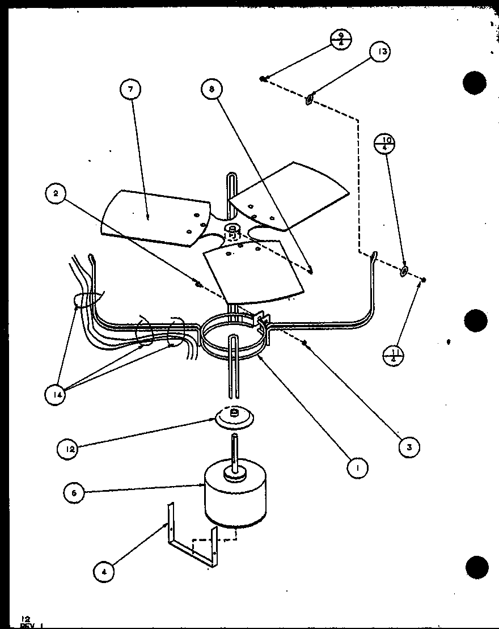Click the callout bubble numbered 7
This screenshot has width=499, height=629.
[131, 90]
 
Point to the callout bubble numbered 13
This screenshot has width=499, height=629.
[381, 52]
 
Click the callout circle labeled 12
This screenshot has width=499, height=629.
[68, 449]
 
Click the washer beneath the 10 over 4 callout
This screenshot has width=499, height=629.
[403, 271]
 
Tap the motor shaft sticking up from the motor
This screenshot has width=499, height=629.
[234, 451]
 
